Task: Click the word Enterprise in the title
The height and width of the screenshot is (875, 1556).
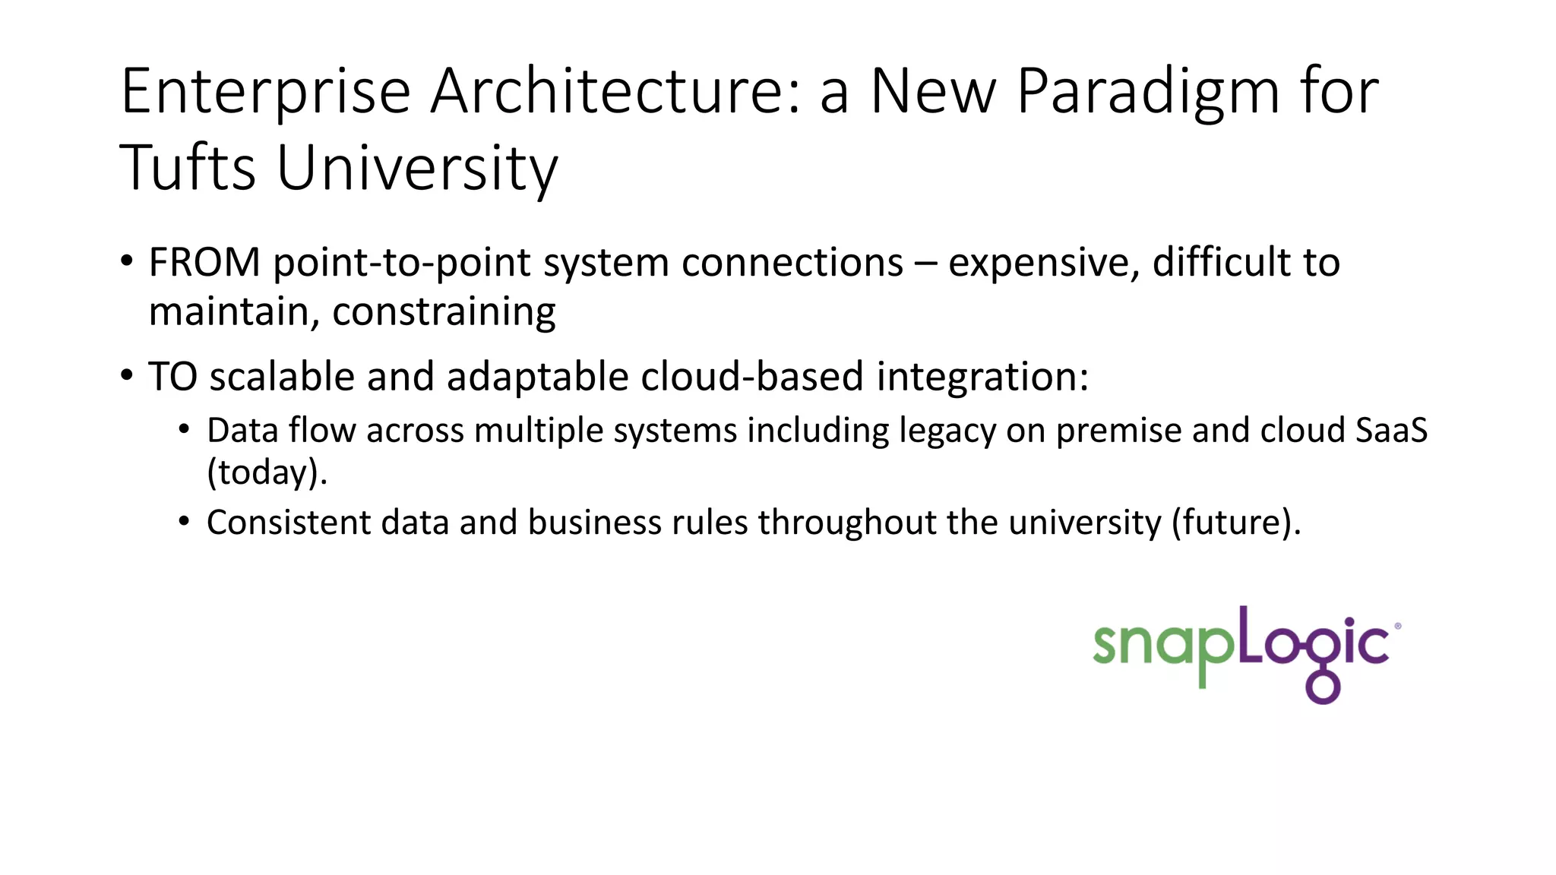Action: click(265, 93)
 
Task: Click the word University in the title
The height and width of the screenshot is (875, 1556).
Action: click(417, 169)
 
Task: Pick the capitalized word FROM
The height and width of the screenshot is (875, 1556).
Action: click(204, 263)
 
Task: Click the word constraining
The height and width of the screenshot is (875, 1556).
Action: click(444, 312)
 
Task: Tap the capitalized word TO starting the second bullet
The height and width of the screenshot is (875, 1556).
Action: click(172, 377)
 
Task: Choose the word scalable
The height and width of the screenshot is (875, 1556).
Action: click(282, 377)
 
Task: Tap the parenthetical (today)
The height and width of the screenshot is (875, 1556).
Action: click(267, 473)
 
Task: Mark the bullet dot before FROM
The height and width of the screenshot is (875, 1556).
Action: click(127, 261)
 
